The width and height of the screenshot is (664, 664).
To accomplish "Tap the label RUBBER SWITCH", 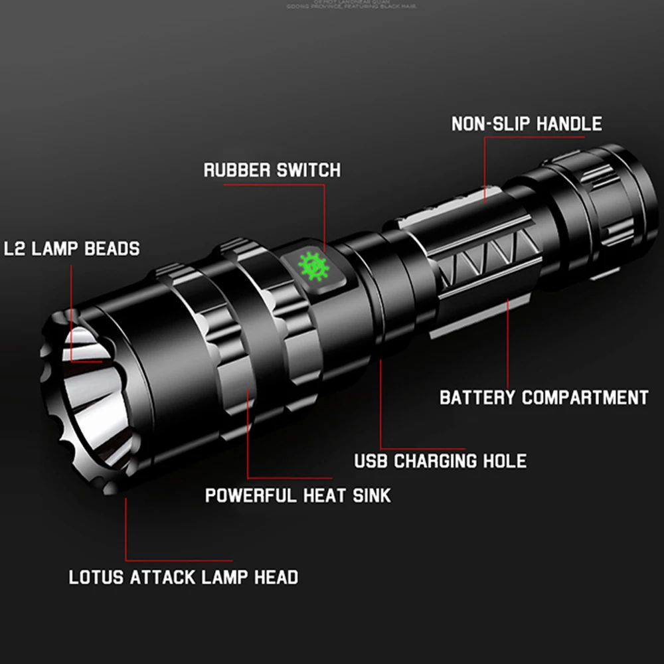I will (272, 170).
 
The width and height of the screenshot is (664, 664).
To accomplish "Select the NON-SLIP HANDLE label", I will (527, 124).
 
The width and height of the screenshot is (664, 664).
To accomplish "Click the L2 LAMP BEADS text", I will (71, 249).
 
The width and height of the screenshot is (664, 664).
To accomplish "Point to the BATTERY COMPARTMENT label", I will (543, 398).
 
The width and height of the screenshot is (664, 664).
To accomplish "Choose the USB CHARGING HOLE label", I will (440, 461).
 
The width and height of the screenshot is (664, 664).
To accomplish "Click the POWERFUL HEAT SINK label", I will (297, 495).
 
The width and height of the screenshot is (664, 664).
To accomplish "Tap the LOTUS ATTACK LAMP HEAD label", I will (184, 577).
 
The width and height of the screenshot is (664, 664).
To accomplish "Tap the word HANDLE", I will (569, 124).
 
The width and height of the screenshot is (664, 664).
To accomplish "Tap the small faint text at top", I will (332, 5).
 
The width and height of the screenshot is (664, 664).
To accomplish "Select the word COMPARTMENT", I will (584, 398).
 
